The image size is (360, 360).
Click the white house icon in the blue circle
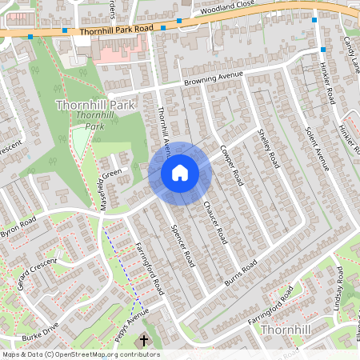coord(180,173)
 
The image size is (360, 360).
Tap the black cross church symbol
coord(144,341)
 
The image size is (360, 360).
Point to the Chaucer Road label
coord(216,222)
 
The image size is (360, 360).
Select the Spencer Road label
coord(184,245)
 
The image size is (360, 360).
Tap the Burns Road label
coord(239,275)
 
